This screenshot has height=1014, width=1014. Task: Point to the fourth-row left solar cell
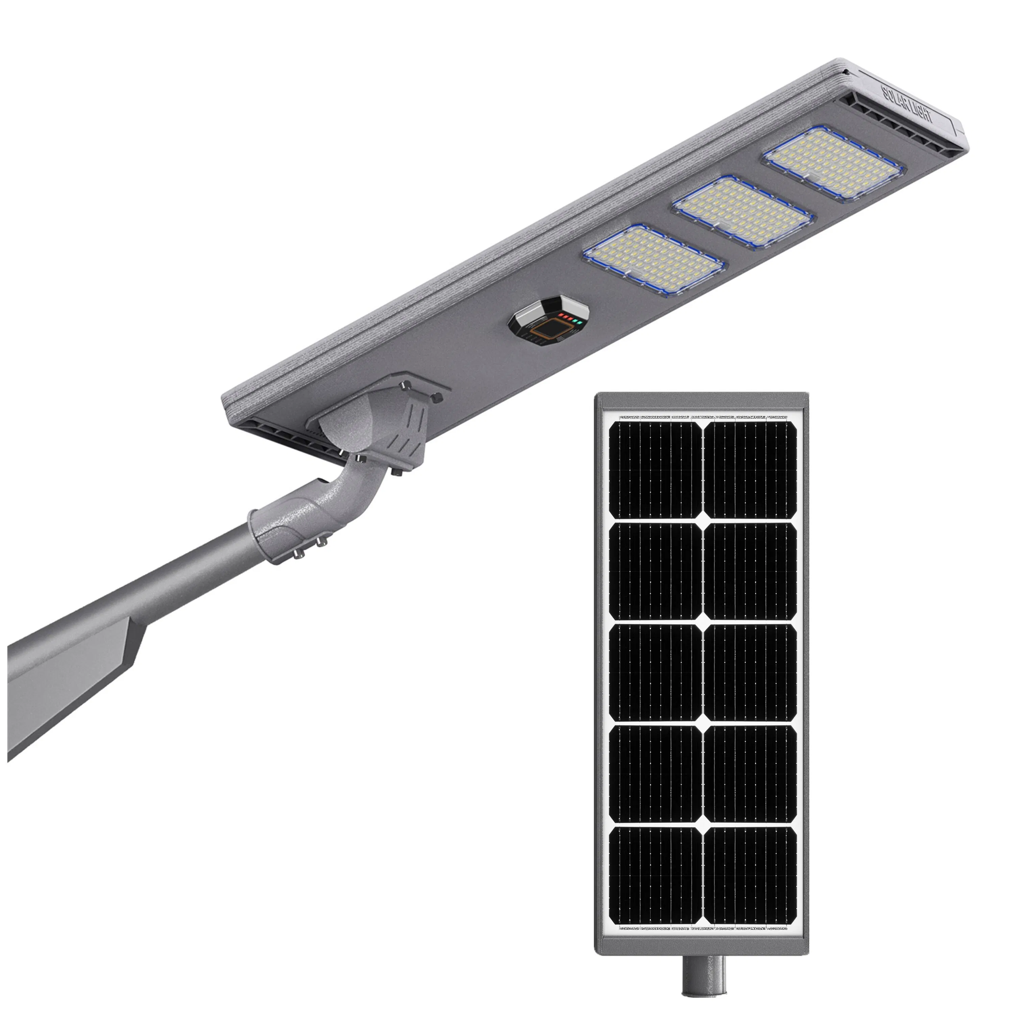pyautogui.click(x=655, y=774)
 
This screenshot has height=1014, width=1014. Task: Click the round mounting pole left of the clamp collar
pyautogui.click(x=199, y=572)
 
